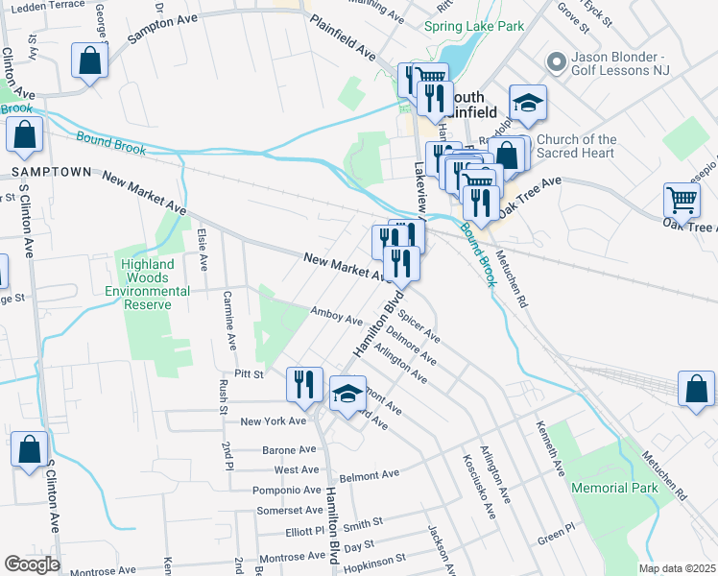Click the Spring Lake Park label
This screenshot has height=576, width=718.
click(474, 26)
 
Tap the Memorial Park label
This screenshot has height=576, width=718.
click(614, 488)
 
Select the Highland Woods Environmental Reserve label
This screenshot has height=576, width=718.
click(147, 284)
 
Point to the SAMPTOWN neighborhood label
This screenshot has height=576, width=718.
click(51, 172)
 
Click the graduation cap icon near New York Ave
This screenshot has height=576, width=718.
click(347, 393)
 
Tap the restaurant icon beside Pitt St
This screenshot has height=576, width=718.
click(304, 384)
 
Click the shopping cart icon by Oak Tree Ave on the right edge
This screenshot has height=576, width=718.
click(682, 202)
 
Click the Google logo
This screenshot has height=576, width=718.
click(32, 564)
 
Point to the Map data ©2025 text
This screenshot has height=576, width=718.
click(677, 568)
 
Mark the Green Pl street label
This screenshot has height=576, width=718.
click(555, 532)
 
